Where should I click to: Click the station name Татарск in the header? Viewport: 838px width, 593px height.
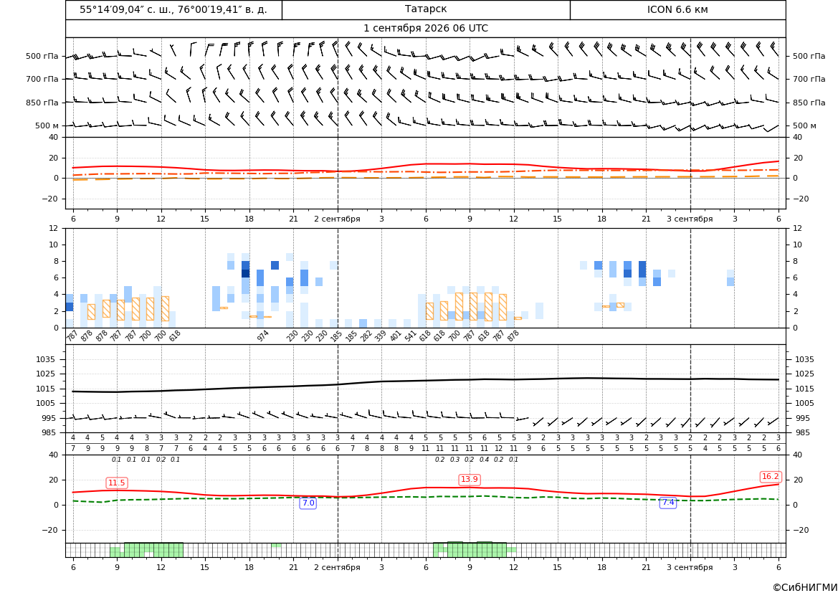pos(425,9)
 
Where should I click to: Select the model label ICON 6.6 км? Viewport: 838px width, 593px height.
pos(677,9)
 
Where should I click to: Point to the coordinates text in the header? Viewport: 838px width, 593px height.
pos(173,9)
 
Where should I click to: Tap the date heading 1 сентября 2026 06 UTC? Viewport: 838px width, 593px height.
pos(425,29)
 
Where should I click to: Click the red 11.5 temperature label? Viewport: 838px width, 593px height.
pos(117,483)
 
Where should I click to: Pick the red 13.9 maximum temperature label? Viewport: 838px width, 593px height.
pos(470,479)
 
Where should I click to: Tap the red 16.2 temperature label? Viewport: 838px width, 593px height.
pos(770,476)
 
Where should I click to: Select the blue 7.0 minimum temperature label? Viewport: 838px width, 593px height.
pos(308,503)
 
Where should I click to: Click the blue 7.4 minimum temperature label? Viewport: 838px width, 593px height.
pos(668,502)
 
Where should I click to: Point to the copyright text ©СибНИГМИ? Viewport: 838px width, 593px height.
pos(805,587)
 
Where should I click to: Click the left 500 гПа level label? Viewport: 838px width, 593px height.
pos(42,56)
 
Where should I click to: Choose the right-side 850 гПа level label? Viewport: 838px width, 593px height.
pos(809,103)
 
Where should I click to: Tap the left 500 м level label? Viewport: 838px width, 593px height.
pos(47,125)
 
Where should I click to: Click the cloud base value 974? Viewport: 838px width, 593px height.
pos(262,336)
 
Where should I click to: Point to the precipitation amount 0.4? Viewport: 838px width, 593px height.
pos(484,460)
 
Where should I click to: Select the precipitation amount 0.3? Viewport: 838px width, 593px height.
pos(454,460)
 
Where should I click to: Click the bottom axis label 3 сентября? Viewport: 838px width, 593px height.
pos(690,567)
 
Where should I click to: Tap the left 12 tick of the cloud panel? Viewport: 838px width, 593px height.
pos(54,228)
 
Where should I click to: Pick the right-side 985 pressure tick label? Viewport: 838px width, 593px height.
pos(801,432)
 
